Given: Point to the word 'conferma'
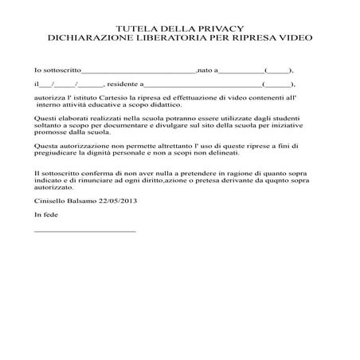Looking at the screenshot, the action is coord(100,174).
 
